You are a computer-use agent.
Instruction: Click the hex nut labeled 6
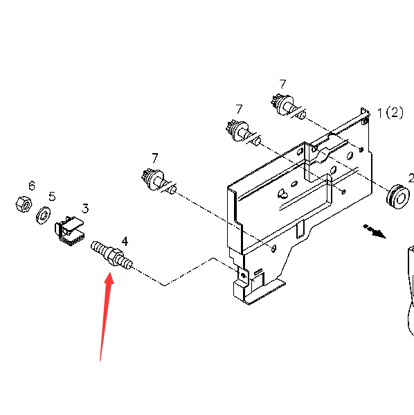[x=24, y=204]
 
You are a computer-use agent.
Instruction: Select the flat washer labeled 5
[x=44, y=215]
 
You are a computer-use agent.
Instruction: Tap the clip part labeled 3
[x=69, y=231]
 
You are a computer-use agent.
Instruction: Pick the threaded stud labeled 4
[x=111, y=254]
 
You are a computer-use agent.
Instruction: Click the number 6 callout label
[x=32, y=186]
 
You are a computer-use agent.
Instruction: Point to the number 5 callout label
[x=52, y=196]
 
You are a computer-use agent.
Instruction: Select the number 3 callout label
[x=85, y=209]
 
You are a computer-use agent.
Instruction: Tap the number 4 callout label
[x=125, y=241]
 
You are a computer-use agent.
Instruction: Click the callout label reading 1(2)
[x=390, y=113]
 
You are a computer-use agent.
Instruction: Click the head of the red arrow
[x=109, y=279]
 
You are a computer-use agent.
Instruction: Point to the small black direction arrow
[x=375, y=231]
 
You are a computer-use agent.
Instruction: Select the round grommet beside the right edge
[x=398, y=197]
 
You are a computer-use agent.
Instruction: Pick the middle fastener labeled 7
[x=244, y=132]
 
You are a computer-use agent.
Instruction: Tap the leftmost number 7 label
[x=155, y=158]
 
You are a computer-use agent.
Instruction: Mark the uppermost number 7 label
[x=282, y=84]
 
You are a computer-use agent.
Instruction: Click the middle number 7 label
[x=239, y=109]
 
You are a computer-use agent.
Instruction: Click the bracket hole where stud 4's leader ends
[x=244, y=276]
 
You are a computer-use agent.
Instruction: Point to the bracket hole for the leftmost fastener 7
[x=274, y=248]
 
